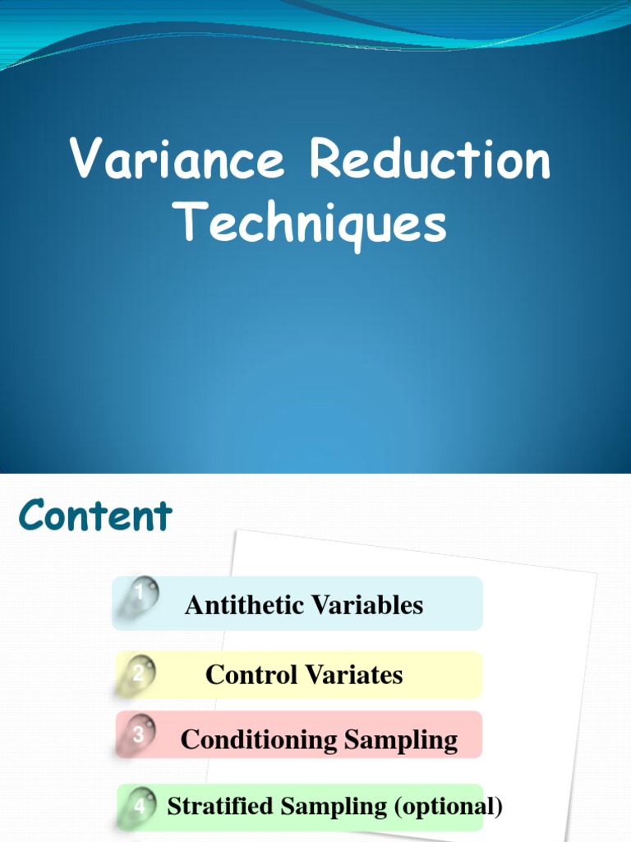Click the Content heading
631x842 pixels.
[x=96, y=516]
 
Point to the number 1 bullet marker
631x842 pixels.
[x=140, y=593]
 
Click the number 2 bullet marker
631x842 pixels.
[x=139, y=675]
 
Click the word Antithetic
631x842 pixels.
[x=240, y=605]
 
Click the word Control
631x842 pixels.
[x=251, y=675]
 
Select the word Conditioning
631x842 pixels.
[x=259, y=740]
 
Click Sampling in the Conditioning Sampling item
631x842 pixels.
[x=402, y=740]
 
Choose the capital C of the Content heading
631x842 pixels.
[x=34, y=516]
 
